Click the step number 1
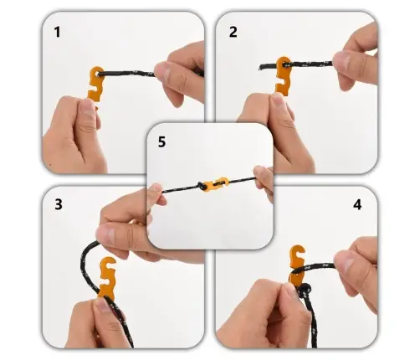(x=57, y=32)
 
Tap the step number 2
(x=233, y=32)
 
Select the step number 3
(x=59, y=204)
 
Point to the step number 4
(x=357, y=204)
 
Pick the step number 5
(x=161, y=141)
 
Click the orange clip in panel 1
(x=95, y=85)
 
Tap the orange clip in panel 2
(x=283, y=76)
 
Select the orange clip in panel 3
(x=107, y=276)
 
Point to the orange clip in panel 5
(x=216, y=183)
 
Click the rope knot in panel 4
(x=304, y=290)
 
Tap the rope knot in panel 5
(x=201, y=186)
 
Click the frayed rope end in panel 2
(x=261, y=67)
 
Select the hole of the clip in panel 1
(x=98, y=74)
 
